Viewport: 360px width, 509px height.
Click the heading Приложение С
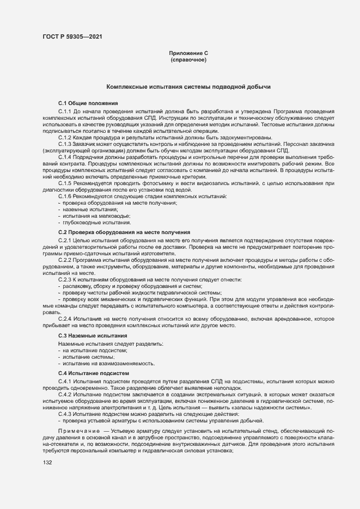tap(188, 53)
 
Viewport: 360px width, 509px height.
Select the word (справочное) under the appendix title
tap(188, 60)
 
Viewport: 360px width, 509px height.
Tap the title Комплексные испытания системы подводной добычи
tap(188, 87)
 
